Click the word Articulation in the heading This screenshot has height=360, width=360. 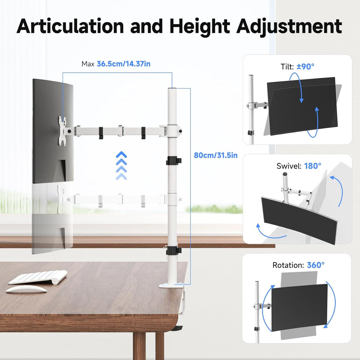70,26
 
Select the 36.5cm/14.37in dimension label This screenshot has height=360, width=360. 124,64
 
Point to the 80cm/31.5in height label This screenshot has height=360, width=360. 216,155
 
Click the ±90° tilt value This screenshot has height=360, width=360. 306,67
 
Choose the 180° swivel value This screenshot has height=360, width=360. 313,166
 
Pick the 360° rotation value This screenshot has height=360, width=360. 316,265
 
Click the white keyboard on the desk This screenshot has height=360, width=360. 38,277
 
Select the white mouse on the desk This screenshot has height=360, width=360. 26,289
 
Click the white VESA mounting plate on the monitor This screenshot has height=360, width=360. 63,131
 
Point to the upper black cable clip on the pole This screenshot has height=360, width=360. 174,161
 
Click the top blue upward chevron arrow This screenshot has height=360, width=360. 121,154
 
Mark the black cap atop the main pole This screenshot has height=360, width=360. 172,89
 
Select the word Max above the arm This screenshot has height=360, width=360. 88,64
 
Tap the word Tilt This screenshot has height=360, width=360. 287,67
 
